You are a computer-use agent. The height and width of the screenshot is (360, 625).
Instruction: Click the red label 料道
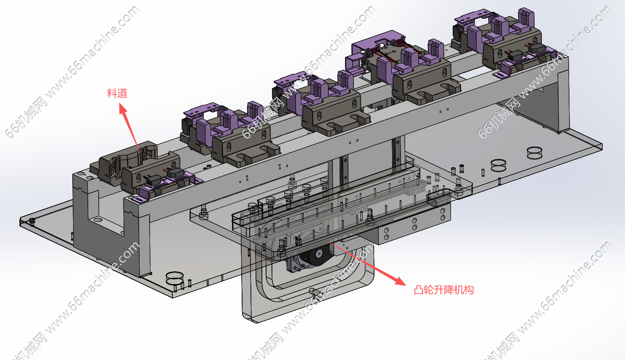[117, 93]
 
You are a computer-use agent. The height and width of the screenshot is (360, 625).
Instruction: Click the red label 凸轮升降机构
[444, 290]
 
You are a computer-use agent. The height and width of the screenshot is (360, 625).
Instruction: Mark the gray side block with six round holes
[413, 227]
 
